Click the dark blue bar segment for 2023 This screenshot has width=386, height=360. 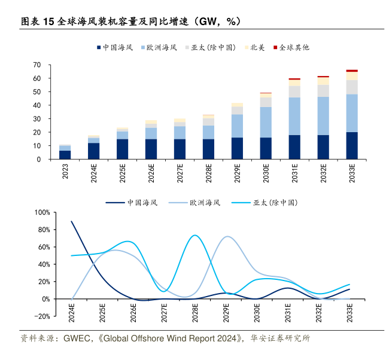tap(65, 155)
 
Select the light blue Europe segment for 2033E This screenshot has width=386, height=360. tap(352, 113)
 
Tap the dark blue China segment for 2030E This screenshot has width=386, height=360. tap(266, 148)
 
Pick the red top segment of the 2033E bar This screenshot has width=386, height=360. tap(352, 71)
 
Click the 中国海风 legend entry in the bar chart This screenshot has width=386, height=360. tap(110, 47)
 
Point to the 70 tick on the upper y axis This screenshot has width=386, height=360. tap(37, 65)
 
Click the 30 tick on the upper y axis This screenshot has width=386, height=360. tap(37, 119)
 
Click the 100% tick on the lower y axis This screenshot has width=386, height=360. tap(42, 212)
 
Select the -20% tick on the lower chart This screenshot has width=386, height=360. tap(42, 316)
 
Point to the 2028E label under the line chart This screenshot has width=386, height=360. tap(195, 313)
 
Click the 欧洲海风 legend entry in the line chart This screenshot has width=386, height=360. tap(197, 203)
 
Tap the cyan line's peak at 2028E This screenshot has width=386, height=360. tap(195, 235)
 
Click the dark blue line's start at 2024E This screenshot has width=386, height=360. tap(72, 221)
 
